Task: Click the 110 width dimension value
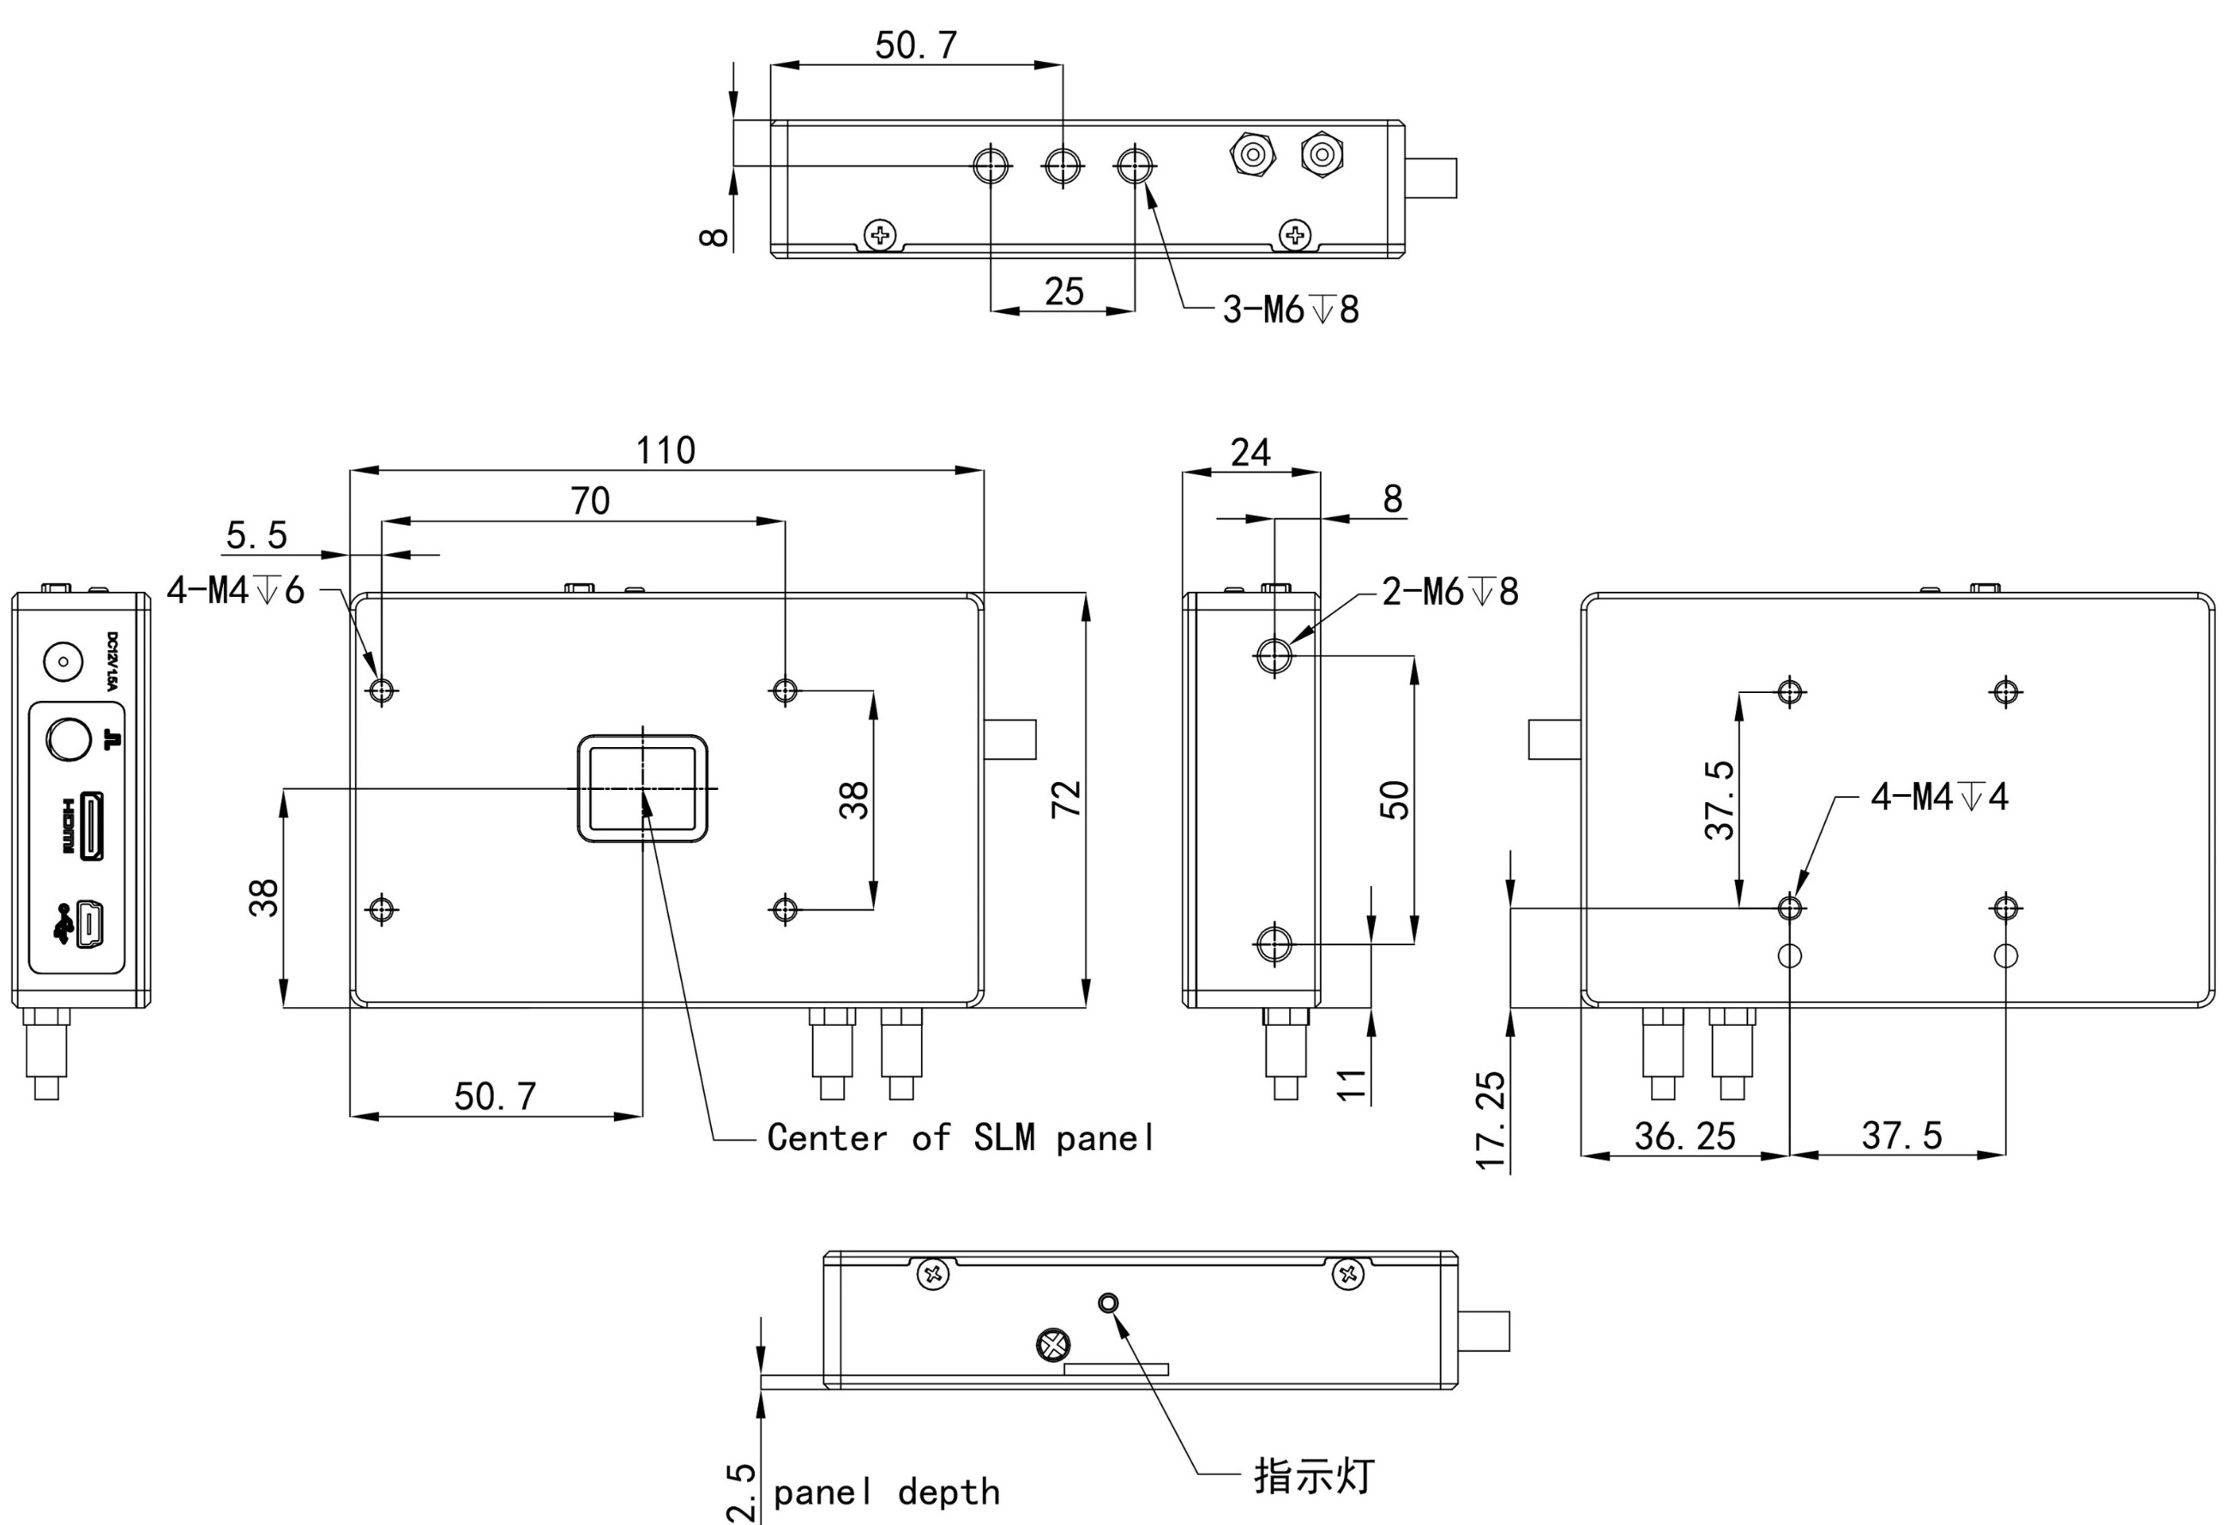[x=666, y=449]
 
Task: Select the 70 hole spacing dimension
[x=590, y=501]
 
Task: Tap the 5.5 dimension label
[x=256, y=535]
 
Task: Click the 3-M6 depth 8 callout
[x=1290, y=310]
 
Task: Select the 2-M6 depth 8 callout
[x=1450, y=592]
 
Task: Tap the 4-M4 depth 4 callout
[x=1938, y=796]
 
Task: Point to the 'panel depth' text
[x=886, y=1492]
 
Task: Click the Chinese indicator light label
[x=1314, y=1475]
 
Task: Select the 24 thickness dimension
[x=1250, y=452]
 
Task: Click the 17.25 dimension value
[x=1491, y=1121]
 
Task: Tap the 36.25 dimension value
[x=1685, y=1136]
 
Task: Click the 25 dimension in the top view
[x=1063, y=292]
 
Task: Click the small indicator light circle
[x=1108, y=1303]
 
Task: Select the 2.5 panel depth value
[x=741, y=1492]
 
